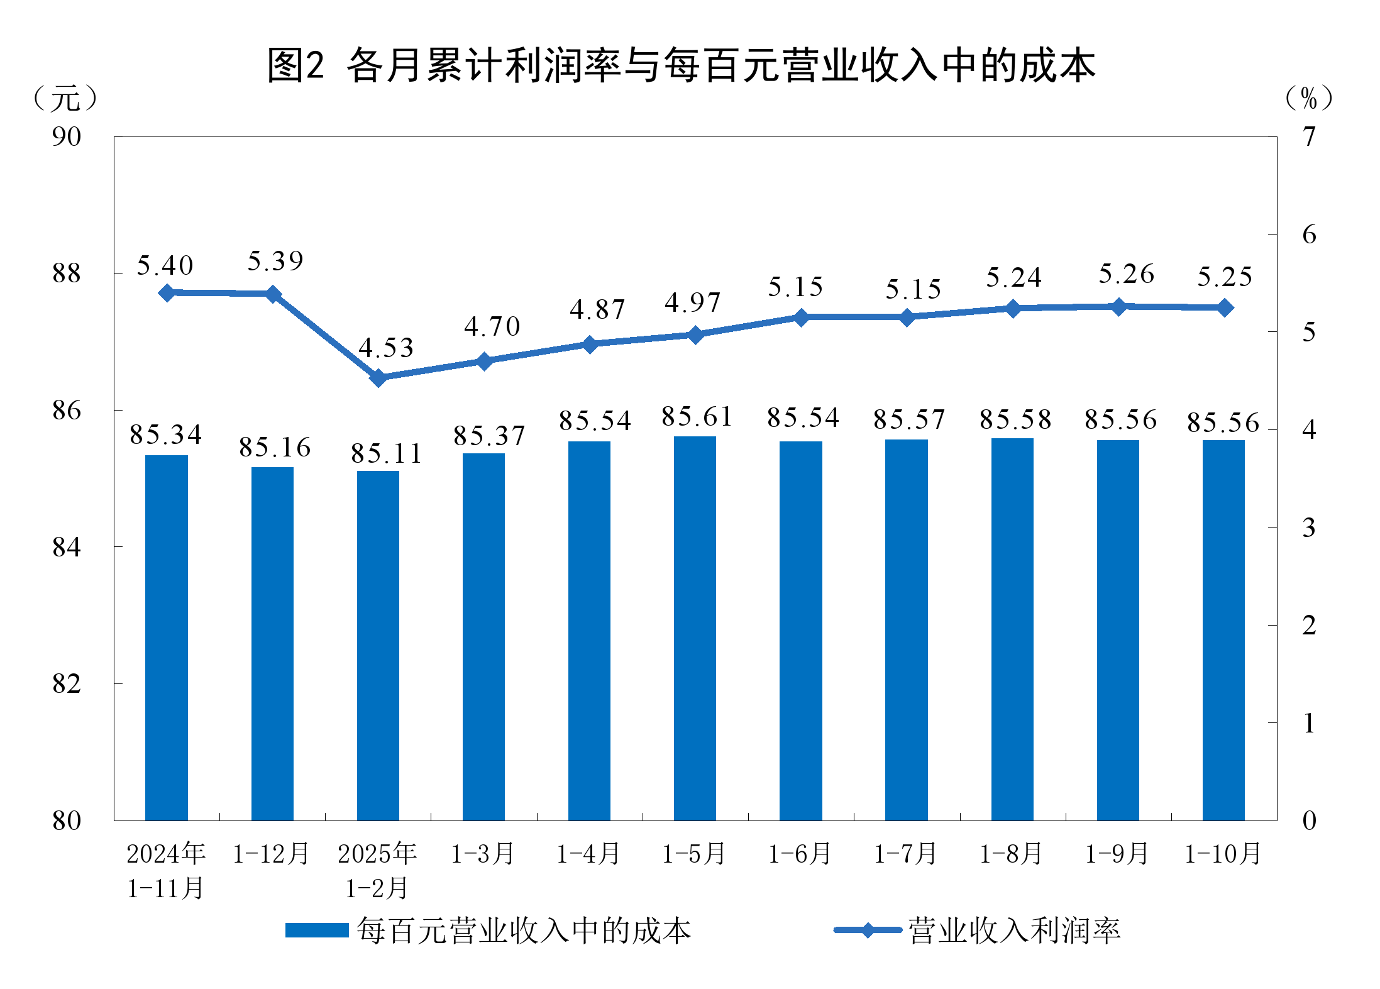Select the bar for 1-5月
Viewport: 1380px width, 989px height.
[x=695, y=629]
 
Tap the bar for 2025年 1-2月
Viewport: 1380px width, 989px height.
[x=378, y=646]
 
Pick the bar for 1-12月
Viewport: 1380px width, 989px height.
[x=272, y=644]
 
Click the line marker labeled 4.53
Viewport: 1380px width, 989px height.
[x=378, y=378]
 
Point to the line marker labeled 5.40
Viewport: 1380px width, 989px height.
[x=167, y=293]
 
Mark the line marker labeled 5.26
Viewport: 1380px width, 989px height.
[x=1118, y=307]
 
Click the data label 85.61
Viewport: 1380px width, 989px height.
[x=697, y=417]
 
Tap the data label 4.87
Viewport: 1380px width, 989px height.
[x=597, y=309]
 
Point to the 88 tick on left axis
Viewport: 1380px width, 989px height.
[x=67, y=273]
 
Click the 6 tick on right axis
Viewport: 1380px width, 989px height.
[x=1309, y=235]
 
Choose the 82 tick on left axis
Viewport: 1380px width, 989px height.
[x=67, y=683]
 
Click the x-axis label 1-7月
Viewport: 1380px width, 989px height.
[x=906, y=854]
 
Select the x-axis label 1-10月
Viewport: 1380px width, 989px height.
[x=1223, y=854]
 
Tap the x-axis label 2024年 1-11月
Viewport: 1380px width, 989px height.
[x=166, y=871]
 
